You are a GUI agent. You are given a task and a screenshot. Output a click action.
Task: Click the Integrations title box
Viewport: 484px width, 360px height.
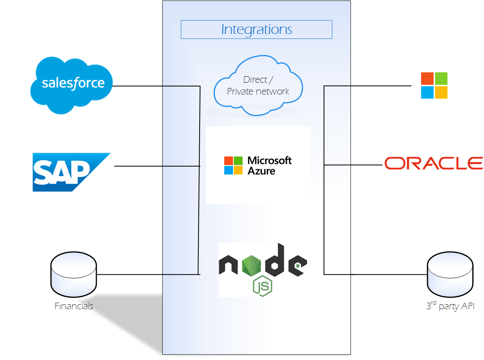pyautogui.click(x=256, y=29)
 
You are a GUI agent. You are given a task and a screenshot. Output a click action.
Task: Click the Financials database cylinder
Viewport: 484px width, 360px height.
pyautogui.click(x=73, y=275)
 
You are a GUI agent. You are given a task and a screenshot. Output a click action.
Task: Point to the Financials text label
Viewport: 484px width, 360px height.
pyautogui.click(x=74, y=306)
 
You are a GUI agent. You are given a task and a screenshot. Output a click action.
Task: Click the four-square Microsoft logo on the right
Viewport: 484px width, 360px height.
pyautogui.click(x=434, y=86)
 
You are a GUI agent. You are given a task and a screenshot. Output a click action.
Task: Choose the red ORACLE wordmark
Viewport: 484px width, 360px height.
pyautogui.click(x=433, y=163)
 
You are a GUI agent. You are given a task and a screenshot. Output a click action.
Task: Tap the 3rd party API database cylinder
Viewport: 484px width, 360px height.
pyautogui.click(x=450, y=275)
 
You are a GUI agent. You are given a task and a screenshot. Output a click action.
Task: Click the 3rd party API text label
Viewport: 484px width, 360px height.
pyautogui.click(x=450, y=306)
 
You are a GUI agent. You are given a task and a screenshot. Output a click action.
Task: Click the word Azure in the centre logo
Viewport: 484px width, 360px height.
pyautogui.click(x=261, y=171)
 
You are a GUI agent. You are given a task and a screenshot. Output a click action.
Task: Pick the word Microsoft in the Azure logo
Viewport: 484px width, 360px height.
pyautogui.click(x=269, y=161)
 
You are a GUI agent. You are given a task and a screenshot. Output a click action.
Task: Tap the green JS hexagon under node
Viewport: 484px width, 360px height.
pyautogui.click(x=262, y=287)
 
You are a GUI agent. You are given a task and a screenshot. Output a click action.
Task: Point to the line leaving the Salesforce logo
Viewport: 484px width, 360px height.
pyautogui.click(x=155, y=86)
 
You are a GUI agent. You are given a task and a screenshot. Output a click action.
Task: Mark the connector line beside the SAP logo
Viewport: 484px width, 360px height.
pyautogui.click(x=157, y=166)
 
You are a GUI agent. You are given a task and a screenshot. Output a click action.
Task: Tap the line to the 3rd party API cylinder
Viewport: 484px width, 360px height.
pyautogui.click(x=375, y=274)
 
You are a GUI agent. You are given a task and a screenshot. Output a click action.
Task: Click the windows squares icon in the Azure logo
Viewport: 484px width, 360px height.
pyautogui.click(x=234, y=165)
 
